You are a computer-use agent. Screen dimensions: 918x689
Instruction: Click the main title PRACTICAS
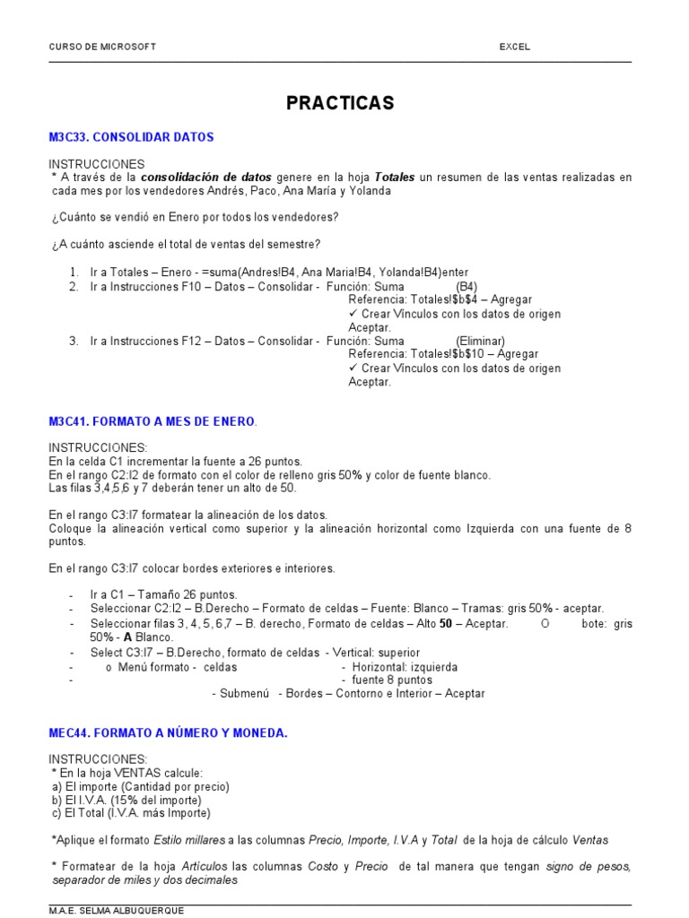[340, 103]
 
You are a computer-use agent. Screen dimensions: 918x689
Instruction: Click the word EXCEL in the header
[515, 47]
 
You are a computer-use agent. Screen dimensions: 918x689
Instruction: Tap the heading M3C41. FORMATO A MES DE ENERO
[153, 421]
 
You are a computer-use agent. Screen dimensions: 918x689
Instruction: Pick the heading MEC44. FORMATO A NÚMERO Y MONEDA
[168, 732]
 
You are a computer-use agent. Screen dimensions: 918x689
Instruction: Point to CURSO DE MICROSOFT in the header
[101, 47]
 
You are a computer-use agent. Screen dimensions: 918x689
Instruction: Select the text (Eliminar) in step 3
[480, 341]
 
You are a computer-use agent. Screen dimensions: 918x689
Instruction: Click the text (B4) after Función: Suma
[467, 286]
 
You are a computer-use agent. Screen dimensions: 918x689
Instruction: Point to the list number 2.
[74, 286]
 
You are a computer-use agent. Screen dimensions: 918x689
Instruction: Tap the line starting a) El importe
[141, 786]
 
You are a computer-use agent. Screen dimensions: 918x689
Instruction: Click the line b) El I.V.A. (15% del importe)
[126, 800]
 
